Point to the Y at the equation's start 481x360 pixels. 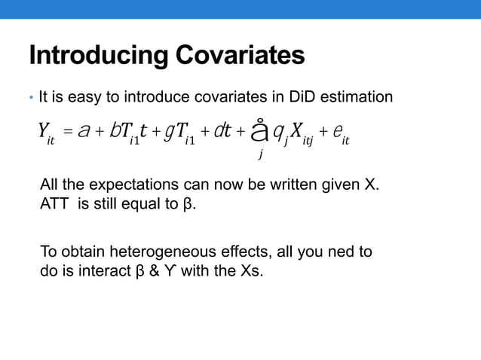(x=44, y=133)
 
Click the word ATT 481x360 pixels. (x=53, y=205)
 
